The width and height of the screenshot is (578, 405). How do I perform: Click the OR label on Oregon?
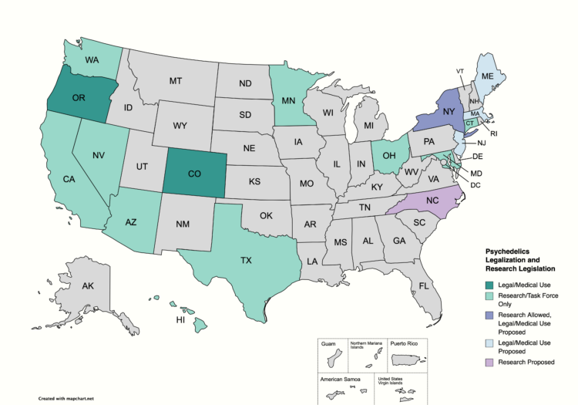[x=79, y=98]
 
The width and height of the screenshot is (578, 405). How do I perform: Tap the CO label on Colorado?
[x=194, y=174]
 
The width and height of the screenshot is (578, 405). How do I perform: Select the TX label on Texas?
[x=245, y=261]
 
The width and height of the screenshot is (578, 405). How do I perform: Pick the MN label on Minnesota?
[x=291, y=100]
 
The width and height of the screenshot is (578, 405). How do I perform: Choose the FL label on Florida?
[x=424, y=285]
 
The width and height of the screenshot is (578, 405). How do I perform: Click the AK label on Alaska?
[x=88, y=286]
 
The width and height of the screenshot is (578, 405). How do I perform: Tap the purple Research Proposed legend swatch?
[x=491, y=362]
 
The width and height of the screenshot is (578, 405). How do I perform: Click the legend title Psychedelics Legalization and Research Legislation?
[x=521, y=259]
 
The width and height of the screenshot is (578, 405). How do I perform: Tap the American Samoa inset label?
[x=338, y=379]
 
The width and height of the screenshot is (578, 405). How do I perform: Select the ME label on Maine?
[x=487, y=77]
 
